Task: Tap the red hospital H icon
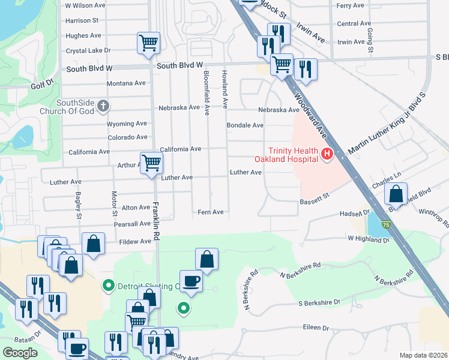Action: pyautogui.click(x=327, y=155)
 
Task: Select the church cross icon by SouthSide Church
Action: pyautogui.click(x=103, y=107)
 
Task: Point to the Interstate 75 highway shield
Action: pyautogui.click(x=385, y=224)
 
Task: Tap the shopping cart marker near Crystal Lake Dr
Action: pyautogui.click(x=148, y=43)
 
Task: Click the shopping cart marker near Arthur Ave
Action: pyautogui.click(x=151, y=162)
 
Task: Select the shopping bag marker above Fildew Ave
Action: pyautogui.click(x=93, y=244)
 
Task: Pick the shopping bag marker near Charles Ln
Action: pyautogui.click(x=396, y=194)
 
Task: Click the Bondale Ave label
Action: pyautogui.click(x=245, y=125)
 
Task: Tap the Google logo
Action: pyautogui.click(x=20, y=353)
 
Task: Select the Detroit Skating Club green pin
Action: pyautogui.click(x=108, y=286)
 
